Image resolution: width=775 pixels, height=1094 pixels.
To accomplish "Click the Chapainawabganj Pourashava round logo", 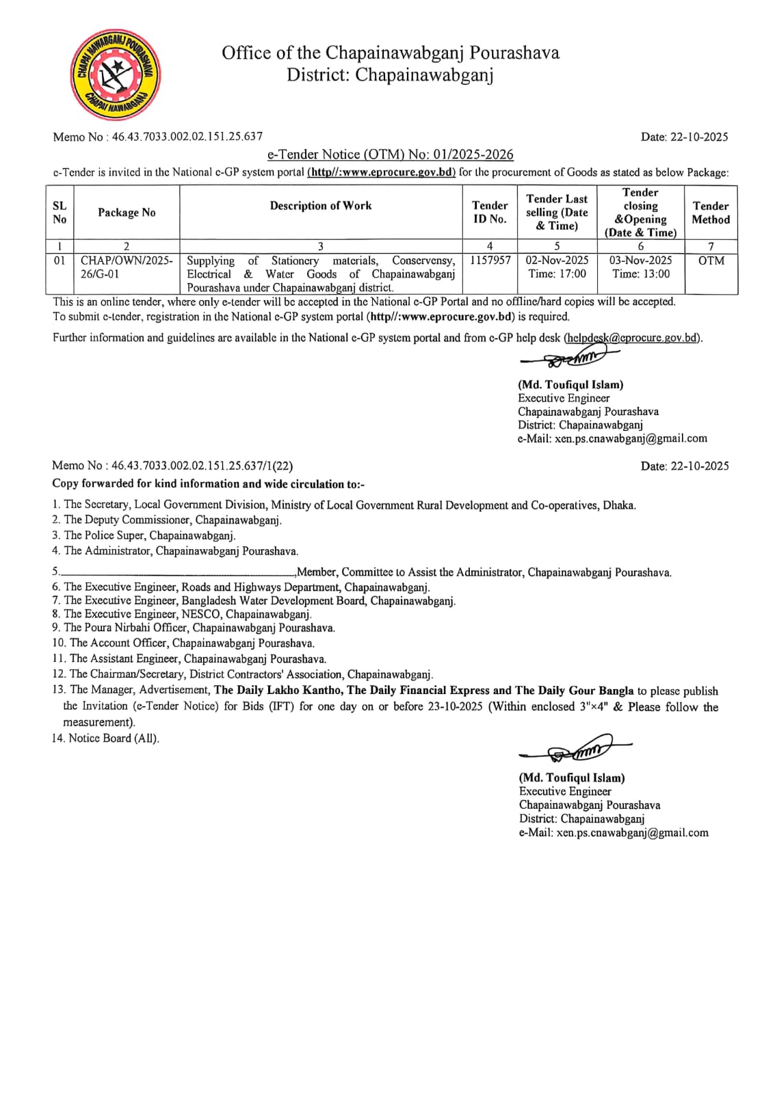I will pyautogui.click(x=116, y=75).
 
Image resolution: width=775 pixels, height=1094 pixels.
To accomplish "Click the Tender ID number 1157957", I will pyautogui.click(x=490, y=261).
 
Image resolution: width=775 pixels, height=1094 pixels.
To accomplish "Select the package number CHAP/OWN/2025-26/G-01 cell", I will pyautogui.click(x=127, y=267).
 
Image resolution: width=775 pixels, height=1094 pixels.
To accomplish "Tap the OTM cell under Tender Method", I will pyautogui.click(x=711, y=261).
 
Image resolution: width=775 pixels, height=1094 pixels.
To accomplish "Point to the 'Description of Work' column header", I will pyautogui.click(x=321, y=206).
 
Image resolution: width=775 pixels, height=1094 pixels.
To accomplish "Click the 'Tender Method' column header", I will pyautogui.click(x=711, y=213).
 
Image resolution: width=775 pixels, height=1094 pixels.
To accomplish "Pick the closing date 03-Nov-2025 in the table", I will pyautogui.click(x=640, y=261).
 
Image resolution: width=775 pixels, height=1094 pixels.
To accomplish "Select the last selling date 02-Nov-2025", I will pyautogui.click(x=557, y=261).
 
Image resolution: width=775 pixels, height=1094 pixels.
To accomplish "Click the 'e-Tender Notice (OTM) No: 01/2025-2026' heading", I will pyautogui.click(x=390, y=155).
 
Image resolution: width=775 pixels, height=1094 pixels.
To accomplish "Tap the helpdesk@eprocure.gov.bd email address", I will pyautogui.click(x=632, y=338).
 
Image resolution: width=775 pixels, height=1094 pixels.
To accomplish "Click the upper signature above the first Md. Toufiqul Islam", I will pyautogui.click(x=569, y=356).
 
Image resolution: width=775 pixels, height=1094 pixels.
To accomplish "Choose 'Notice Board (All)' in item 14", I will pyautogui.click(x=114, y=738).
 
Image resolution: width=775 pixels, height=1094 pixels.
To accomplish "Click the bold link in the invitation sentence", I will pyautogui.click(x=382, y=172).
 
